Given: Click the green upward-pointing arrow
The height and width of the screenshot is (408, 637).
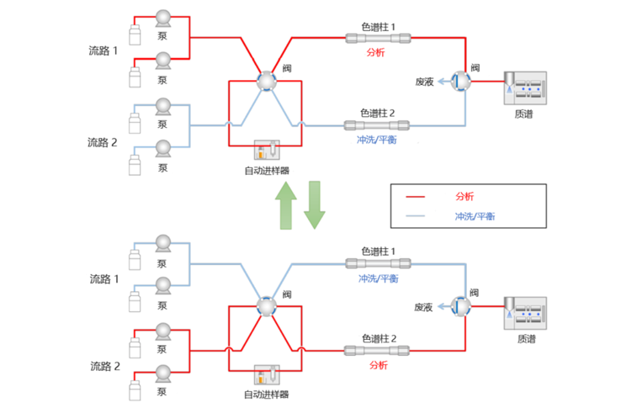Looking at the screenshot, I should pyautogui.click(x=286, y=204).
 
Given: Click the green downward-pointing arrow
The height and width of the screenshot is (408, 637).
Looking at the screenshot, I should pyautogui.click(x=314, y=204).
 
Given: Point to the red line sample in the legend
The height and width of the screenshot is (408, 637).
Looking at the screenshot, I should pyautogui.click(x=415, y=197).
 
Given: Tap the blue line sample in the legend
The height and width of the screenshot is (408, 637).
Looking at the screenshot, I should pyautogui.click(x=415, y=216).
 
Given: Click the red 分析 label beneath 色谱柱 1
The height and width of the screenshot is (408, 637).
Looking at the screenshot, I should pyautogui.click(x=376, y=52).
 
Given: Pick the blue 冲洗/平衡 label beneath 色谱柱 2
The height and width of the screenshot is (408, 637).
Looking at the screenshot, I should pyautogui.click(x=376, y=140).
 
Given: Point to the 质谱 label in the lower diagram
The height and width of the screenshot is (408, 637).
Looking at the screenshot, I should pyautogui.click(x=524, y=339).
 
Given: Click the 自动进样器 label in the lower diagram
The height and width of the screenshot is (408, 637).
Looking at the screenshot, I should pyautogui.click(x=266, y=395).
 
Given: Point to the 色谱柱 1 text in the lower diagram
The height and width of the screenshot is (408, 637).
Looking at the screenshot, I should pyautogui.click(x=378, y=251).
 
